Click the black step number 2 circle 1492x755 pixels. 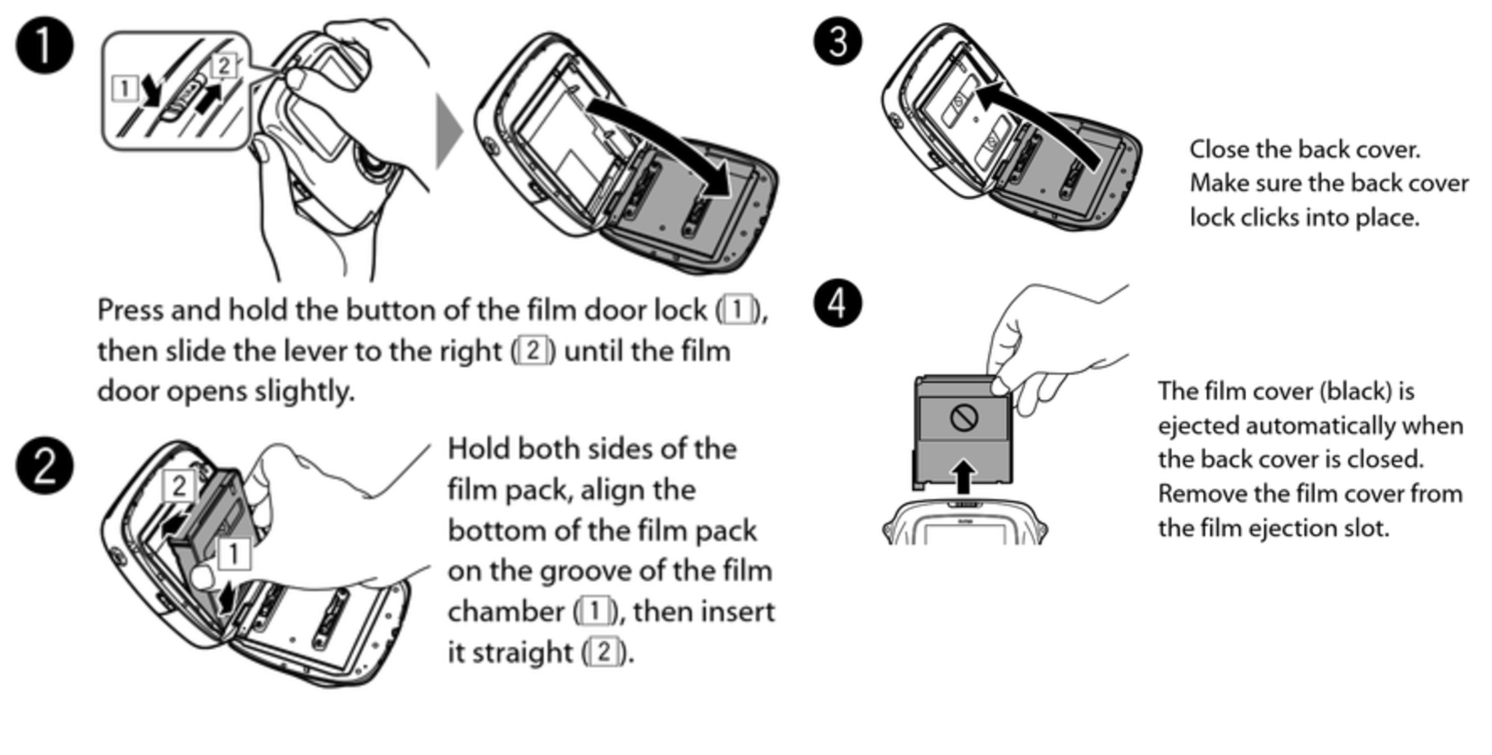(x=44, y=464)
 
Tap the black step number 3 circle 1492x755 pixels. (x=837, y=40)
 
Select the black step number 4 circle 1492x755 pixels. (x=837, y=303)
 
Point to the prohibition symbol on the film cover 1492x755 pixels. (x=963, y=418)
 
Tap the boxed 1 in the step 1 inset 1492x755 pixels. (x=125, y=88)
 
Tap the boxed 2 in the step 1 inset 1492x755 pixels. (x=224, y=65)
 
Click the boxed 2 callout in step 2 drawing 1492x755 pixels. (x=179, y=486)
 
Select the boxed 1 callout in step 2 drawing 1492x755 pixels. (x=234, y=553)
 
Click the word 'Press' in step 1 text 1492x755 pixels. (x=130, y=310)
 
